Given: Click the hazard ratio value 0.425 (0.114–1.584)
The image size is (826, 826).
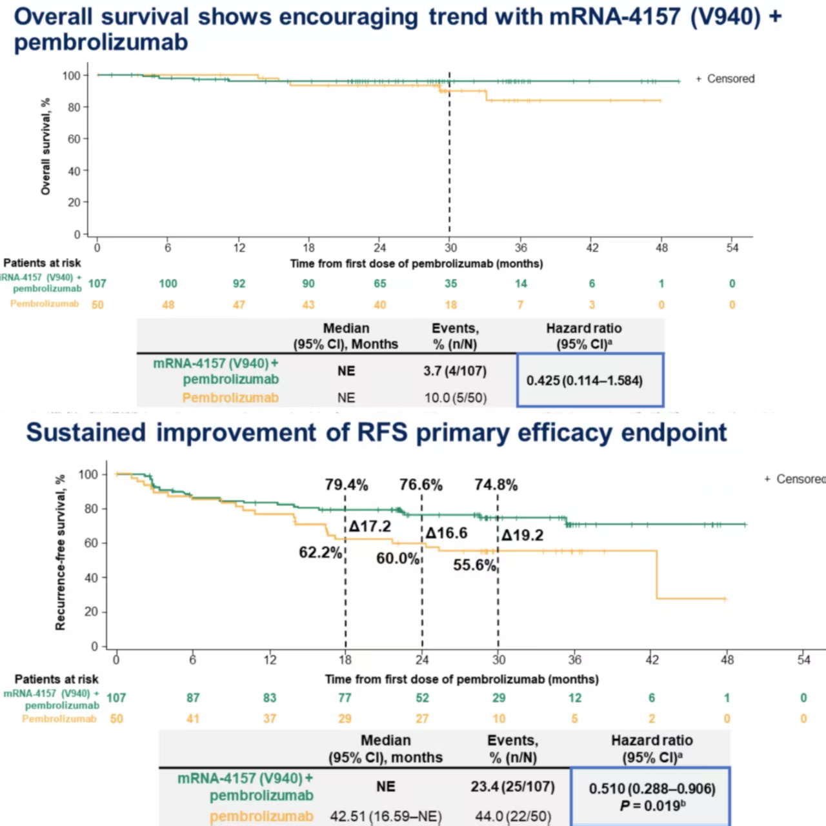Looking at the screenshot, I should tap(584, 380).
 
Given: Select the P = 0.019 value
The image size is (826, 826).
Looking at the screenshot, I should tap(651, 806).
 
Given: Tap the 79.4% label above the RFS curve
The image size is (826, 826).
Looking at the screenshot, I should tap(347, 485).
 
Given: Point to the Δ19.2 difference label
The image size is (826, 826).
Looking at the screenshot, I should tap(523, 535).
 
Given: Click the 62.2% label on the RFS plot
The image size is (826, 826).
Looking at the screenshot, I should tap(320, 552).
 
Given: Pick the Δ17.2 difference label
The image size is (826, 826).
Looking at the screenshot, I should tap(370, 527).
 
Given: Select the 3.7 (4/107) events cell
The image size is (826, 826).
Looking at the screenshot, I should tap(455, 371).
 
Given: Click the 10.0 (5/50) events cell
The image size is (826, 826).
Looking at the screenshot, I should tap(455, 398).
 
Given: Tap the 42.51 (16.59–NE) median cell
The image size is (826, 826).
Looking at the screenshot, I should tap(386, 816).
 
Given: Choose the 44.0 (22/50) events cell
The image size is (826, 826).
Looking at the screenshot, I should tap(513, 816).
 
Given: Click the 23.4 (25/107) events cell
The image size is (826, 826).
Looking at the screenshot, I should tap(513, 787).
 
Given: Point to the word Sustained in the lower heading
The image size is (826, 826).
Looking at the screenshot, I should tap(86, 432).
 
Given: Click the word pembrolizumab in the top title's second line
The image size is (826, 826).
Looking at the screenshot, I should tap(101, 43).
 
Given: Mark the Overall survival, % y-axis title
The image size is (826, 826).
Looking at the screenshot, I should tap(45, 146).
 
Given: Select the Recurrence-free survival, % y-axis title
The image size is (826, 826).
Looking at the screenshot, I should tap(60, 552).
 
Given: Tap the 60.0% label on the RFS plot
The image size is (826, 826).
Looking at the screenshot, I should tap(398, 558).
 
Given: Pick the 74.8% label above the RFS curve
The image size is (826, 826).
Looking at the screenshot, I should tap(496, 485).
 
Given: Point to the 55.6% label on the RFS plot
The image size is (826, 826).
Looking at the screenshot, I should tap(474, 565).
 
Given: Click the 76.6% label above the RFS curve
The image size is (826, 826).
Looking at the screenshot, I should tap(421, 485).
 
